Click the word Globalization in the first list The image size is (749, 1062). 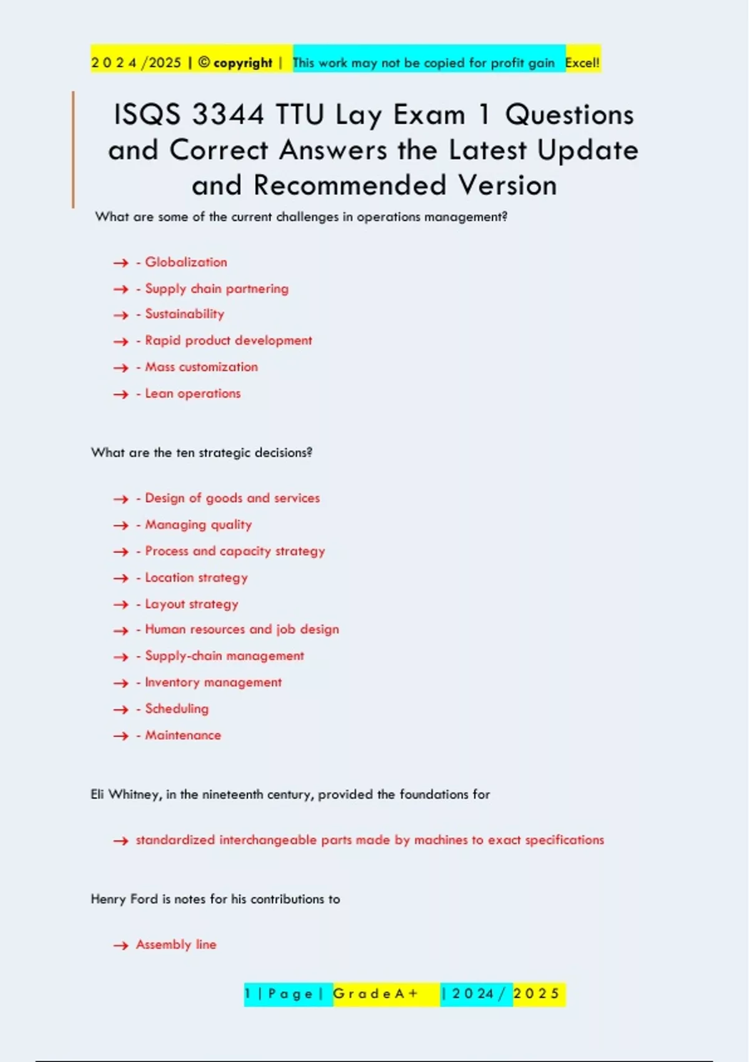coord(186,262)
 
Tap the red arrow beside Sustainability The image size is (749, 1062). coord(120,315)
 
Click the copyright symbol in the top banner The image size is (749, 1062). coord(204,62)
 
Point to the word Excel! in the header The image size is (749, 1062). coord(582,62)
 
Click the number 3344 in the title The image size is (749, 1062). coord(228,115)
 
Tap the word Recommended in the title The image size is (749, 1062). coord(350,186)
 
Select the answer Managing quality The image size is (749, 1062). coord(198,525)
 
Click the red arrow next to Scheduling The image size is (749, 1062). coord(120,710)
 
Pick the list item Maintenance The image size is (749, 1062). coord(183,735)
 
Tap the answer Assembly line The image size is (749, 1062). coord(176,945)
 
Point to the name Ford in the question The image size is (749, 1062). coord(144,899)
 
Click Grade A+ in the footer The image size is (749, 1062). coord(376,994)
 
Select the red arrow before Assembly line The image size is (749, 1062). coord(120,946)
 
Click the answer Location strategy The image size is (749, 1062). coord(196,578)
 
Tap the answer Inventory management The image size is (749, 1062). coord(213,682)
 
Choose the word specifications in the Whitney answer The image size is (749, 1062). coord(564,840)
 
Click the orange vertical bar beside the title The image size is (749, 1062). coord(73,149)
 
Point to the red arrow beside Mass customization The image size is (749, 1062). coord(120,368)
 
